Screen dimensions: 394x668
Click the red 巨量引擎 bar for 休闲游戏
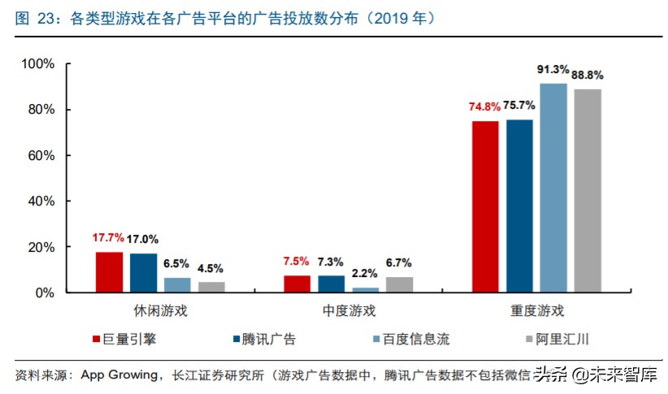tap(109, 272)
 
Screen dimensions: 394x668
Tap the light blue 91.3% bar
tap(553, 188)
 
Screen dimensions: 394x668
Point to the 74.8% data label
tap(484, 106)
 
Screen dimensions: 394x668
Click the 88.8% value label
tap(587, 75)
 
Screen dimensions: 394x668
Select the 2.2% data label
tap(365, 273)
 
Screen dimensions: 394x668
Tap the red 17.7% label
tap(108, 238)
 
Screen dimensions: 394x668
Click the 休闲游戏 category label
tap(160, 311)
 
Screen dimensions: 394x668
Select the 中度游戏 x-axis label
tap(349, 311)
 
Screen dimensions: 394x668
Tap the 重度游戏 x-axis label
tap(537, 311)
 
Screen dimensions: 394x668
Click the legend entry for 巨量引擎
tap(128, 339)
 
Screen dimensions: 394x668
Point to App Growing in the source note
tap(119, 375)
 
